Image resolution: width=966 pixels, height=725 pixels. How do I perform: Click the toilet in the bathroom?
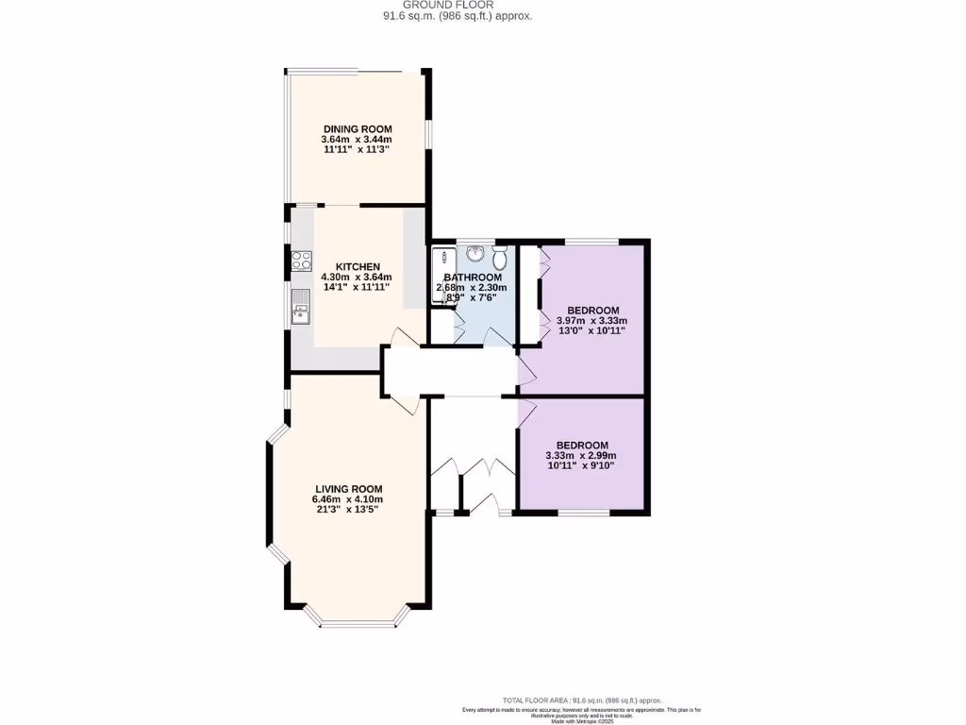pos(500,256)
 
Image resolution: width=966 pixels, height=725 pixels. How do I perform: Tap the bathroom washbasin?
pos(475,255)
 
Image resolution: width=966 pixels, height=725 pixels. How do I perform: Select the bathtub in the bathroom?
pos(441,276)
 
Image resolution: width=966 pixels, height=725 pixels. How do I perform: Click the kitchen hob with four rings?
pos(302,260)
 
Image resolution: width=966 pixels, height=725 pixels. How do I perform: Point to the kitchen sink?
pos(301,306)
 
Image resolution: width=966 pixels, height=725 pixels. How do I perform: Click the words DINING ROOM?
pos(358,129)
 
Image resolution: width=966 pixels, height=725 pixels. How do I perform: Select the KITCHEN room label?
pos(358,267)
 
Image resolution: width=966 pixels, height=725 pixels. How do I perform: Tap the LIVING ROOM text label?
pos(348,488)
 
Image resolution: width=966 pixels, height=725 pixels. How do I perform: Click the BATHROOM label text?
pos(479,278)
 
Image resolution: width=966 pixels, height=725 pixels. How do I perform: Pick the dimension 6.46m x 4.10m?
pos(348,499)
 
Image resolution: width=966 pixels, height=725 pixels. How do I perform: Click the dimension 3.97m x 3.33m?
pos(592,321)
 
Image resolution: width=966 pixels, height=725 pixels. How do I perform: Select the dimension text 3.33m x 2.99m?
pos(581,456)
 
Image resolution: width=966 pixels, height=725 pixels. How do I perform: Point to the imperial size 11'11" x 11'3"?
pos(357,150)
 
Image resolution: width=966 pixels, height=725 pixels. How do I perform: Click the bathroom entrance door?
pos(493,336)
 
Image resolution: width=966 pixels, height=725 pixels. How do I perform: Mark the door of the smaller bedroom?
pos(526,412)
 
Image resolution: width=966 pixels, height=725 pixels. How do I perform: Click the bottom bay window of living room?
pos(358,623)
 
